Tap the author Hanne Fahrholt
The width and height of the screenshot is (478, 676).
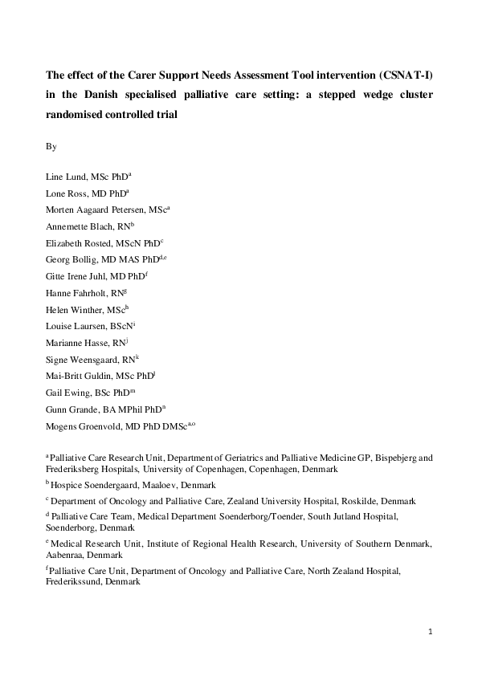(76, 299)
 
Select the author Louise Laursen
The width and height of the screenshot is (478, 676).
(75, 335)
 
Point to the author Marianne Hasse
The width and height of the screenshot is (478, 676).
(76, 352)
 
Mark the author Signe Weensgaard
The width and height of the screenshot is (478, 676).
(79, 370)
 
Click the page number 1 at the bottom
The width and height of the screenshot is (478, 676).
(431, 632)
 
